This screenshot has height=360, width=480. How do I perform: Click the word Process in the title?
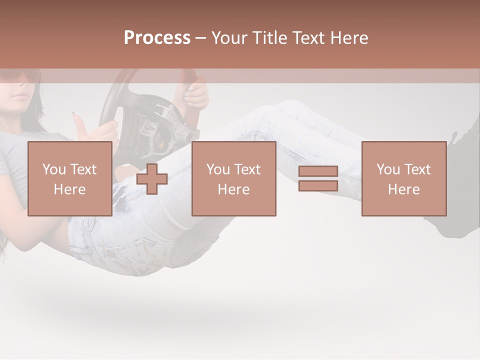[157, 38]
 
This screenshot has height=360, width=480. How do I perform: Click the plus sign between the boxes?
[152, 179]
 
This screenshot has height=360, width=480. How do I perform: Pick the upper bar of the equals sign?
[318, 171]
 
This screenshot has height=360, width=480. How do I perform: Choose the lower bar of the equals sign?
[318, 186]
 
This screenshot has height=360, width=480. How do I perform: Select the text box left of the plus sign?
[69, 178]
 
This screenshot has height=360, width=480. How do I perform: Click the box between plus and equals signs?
[233, 178]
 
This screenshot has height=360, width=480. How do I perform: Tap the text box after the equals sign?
[403, 178]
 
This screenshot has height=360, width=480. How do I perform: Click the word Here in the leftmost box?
[69, 189]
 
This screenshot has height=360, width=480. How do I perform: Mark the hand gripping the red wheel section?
[196, 95]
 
